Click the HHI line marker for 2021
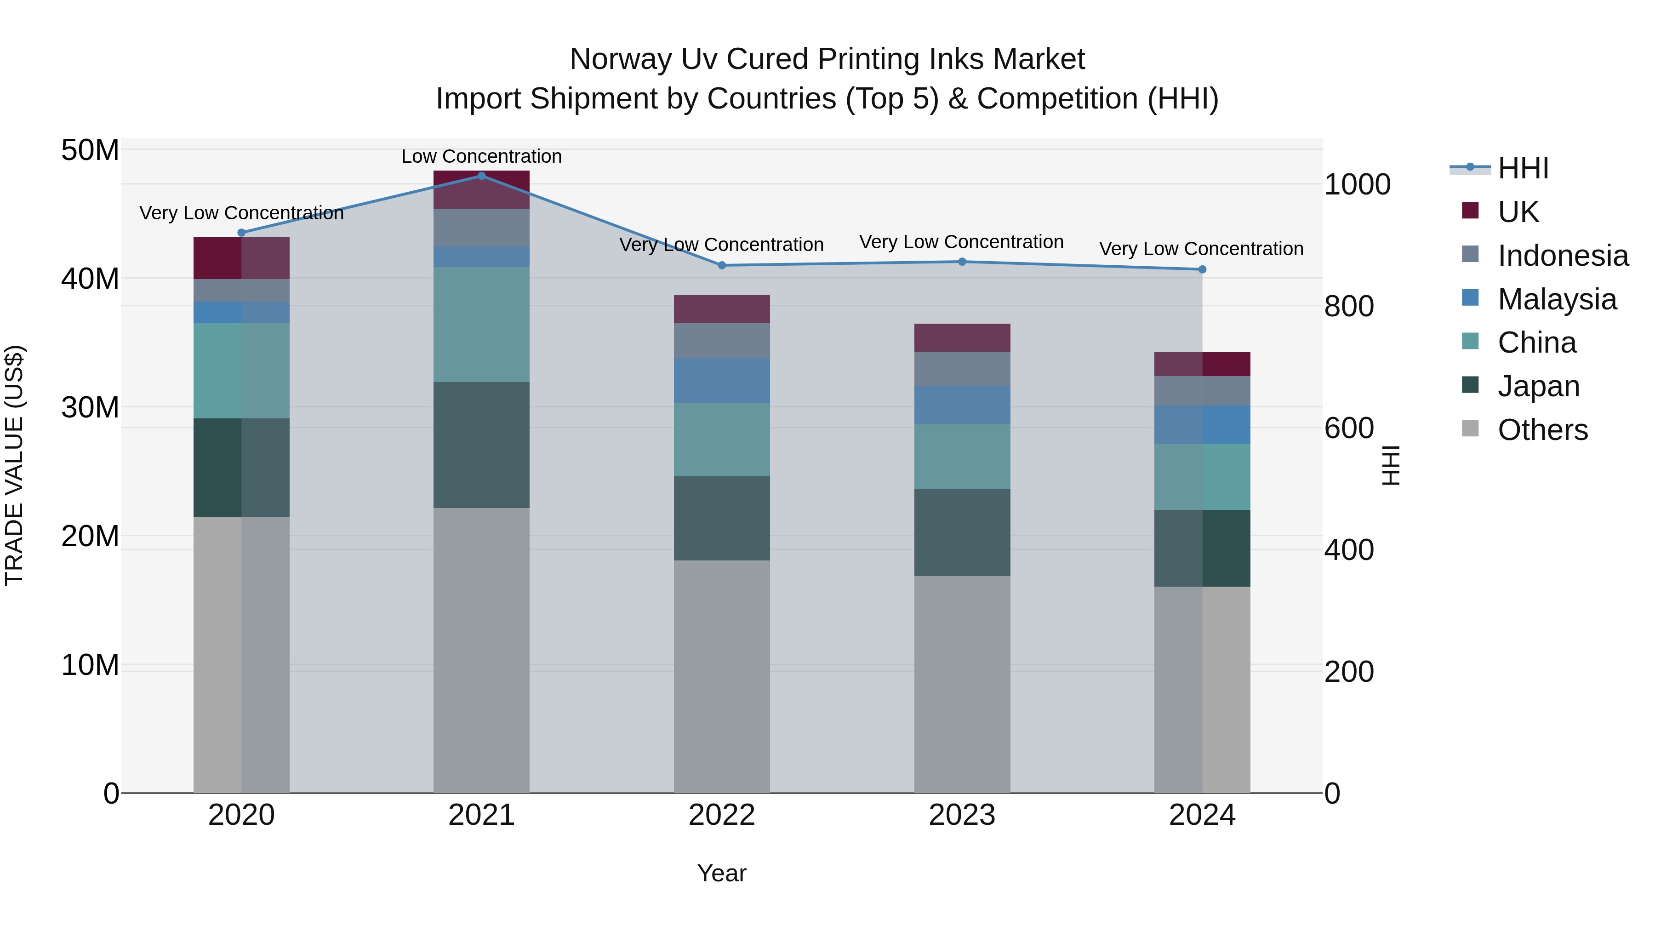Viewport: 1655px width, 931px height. (481, 176)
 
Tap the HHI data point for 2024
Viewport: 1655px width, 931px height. (1202, 270)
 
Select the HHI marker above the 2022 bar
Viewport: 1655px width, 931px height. (721, 265)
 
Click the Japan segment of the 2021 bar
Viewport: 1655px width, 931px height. (481, 445)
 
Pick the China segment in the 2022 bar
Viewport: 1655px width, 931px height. (721, 440)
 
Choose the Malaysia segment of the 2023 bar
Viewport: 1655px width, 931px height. (962, 405)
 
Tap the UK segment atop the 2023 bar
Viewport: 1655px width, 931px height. (962, 337)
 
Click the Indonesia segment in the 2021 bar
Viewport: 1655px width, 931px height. (481, 228)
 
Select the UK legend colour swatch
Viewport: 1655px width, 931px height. (1470, 211)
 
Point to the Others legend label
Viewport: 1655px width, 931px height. (1542, 430)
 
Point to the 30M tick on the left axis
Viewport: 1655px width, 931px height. (90, 407)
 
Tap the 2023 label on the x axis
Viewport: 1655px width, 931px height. (962, 815)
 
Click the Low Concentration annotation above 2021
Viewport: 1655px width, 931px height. (481, 156)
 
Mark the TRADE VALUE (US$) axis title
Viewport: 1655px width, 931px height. (14, 465)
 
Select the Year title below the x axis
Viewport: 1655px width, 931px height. (721, 873)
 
